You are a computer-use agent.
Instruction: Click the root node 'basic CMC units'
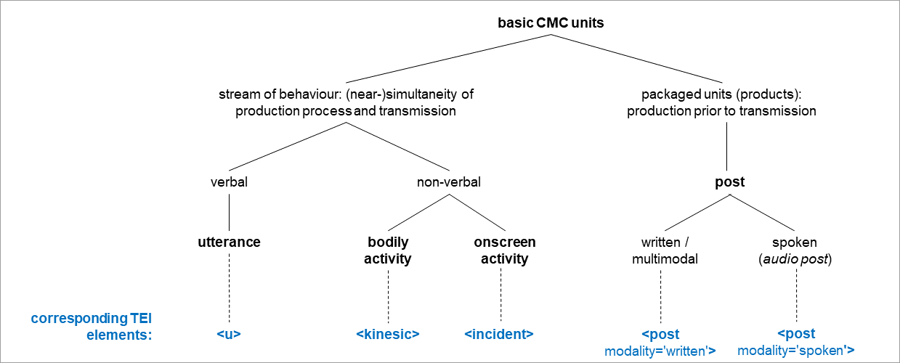(x=550, y=23)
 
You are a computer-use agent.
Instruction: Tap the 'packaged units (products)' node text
(x=721, y=103)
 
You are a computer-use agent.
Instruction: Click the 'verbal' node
(x=229, y=182)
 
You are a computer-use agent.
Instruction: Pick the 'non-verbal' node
(x=448, y=182)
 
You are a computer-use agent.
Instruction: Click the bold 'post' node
(x=729, y=182)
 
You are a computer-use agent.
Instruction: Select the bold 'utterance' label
(x=229, y=242)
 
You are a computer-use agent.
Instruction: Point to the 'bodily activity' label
(x=388, y=250)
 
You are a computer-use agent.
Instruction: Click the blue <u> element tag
(x=229, y=334)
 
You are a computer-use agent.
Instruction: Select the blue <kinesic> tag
(x=388, y=334)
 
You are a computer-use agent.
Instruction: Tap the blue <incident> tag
(x=499, y=334)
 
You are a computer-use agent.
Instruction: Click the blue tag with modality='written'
(x=660, y=343)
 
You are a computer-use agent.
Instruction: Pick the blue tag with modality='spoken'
(x=796, y=343)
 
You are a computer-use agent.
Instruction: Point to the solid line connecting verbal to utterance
(x=229, y=212)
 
